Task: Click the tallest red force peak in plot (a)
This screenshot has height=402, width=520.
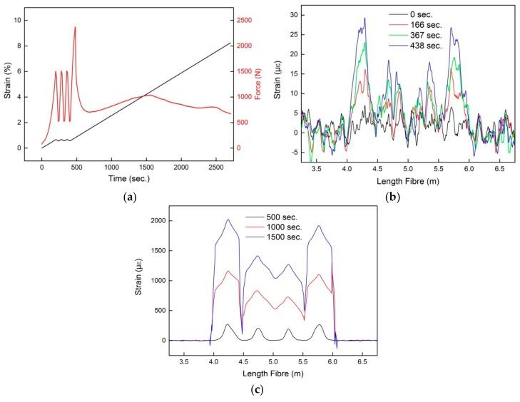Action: pyautogui.click(x=75, y=27)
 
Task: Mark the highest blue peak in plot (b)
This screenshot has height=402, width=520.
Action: pyautogui.click(x=364, y=19)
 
